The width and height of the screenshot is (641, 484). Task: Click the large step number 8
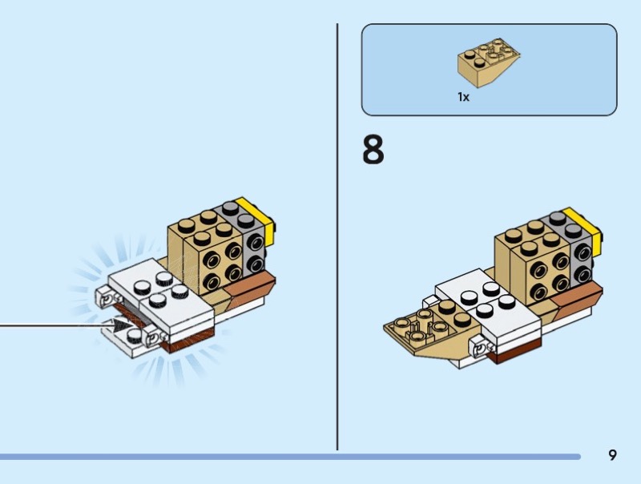(373, 150)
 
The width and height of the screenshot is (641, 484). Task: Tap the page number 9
(612, 455)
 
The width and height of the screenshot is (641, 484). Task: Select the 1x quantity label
(463, 97)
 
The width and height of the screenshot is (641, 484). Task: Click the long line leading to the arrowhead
(56, 326)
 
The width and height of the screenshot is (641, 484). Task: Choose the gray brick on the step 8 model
(570, 248)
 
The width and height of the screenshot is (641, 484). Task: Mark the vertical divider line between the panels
(337, 237)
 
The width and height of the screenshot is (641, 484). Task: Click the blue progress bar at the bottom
(290, 457)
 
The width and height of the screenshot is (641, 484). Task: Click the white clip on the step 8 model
(483, 349)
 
